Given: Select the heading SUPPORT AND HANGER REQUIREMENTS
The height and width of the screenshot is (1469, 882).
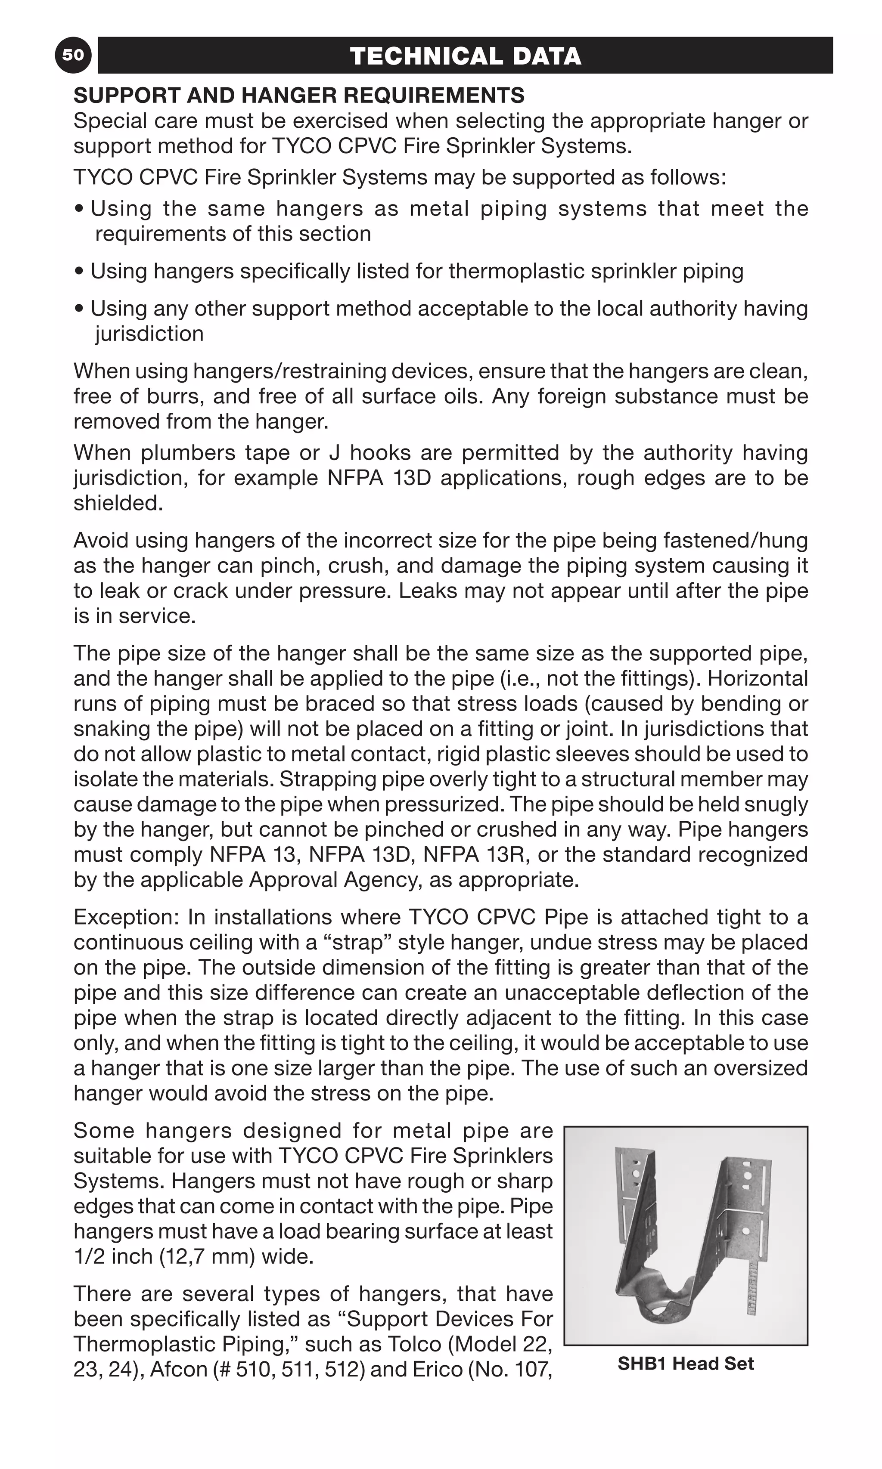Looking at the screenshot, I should pyautogui.click(x=299, y=95).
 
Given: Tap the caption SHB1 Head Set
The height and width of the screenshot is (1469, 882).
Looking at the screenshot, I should pyautogui.click(x=685, y=1363).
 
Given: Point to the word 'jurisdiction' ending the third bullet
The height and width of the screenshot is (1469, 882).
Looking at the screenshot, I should pyautogui.click(x=149, y=334).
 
